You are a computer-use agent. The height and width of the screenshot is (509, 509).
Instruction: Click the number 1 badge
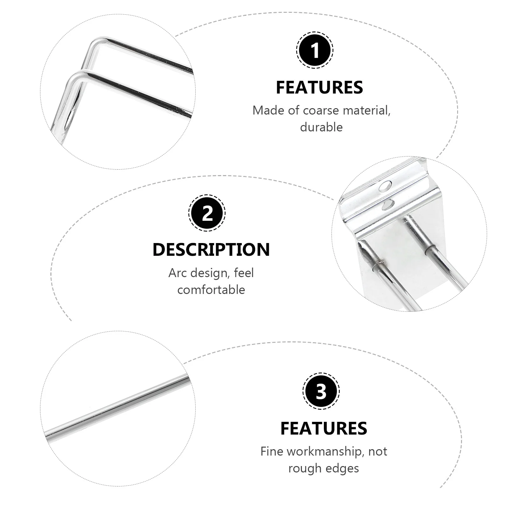(x=315, y=50)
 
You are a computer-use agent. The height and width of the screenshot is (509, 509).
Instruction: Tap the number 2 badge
(x=207, y=213)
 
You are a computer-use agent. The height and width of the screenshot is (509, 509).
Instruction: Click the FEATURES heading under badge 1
(x=319, y=87)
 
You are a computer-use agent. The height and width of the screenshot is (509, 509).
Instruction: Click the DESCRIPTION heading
(x=211, y=250)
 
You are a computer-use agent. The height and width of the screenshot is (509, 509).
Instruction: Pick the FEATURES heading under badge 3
(x=324, y=428)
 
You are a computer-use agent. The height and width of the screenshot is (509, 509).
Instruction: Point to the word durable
(x=321, y=127)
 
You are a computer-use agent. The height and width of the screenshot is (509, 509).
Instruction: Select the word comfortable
(x=211, y=290)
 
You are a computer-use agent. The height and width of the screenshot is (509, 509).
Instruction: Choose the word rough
(x=303, y=468)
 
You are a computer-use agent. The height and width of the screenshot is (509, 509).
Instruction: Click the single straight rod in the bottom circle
(x=118, y=405)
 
